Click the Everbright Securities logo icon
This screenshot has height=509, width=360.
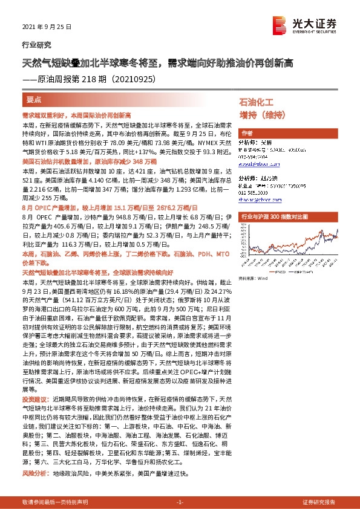coord(280,24)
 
